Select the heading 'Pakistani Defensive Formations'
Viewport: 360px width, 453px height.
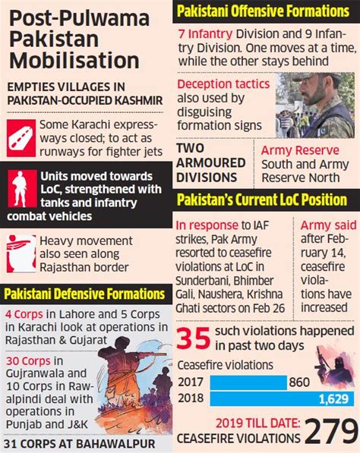[x=84, y=293]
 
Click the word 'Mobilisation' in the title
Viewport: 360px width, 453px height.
[x=74, y=58]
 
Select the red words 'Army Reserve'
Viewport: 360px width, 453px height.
[x=295, y=150]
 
